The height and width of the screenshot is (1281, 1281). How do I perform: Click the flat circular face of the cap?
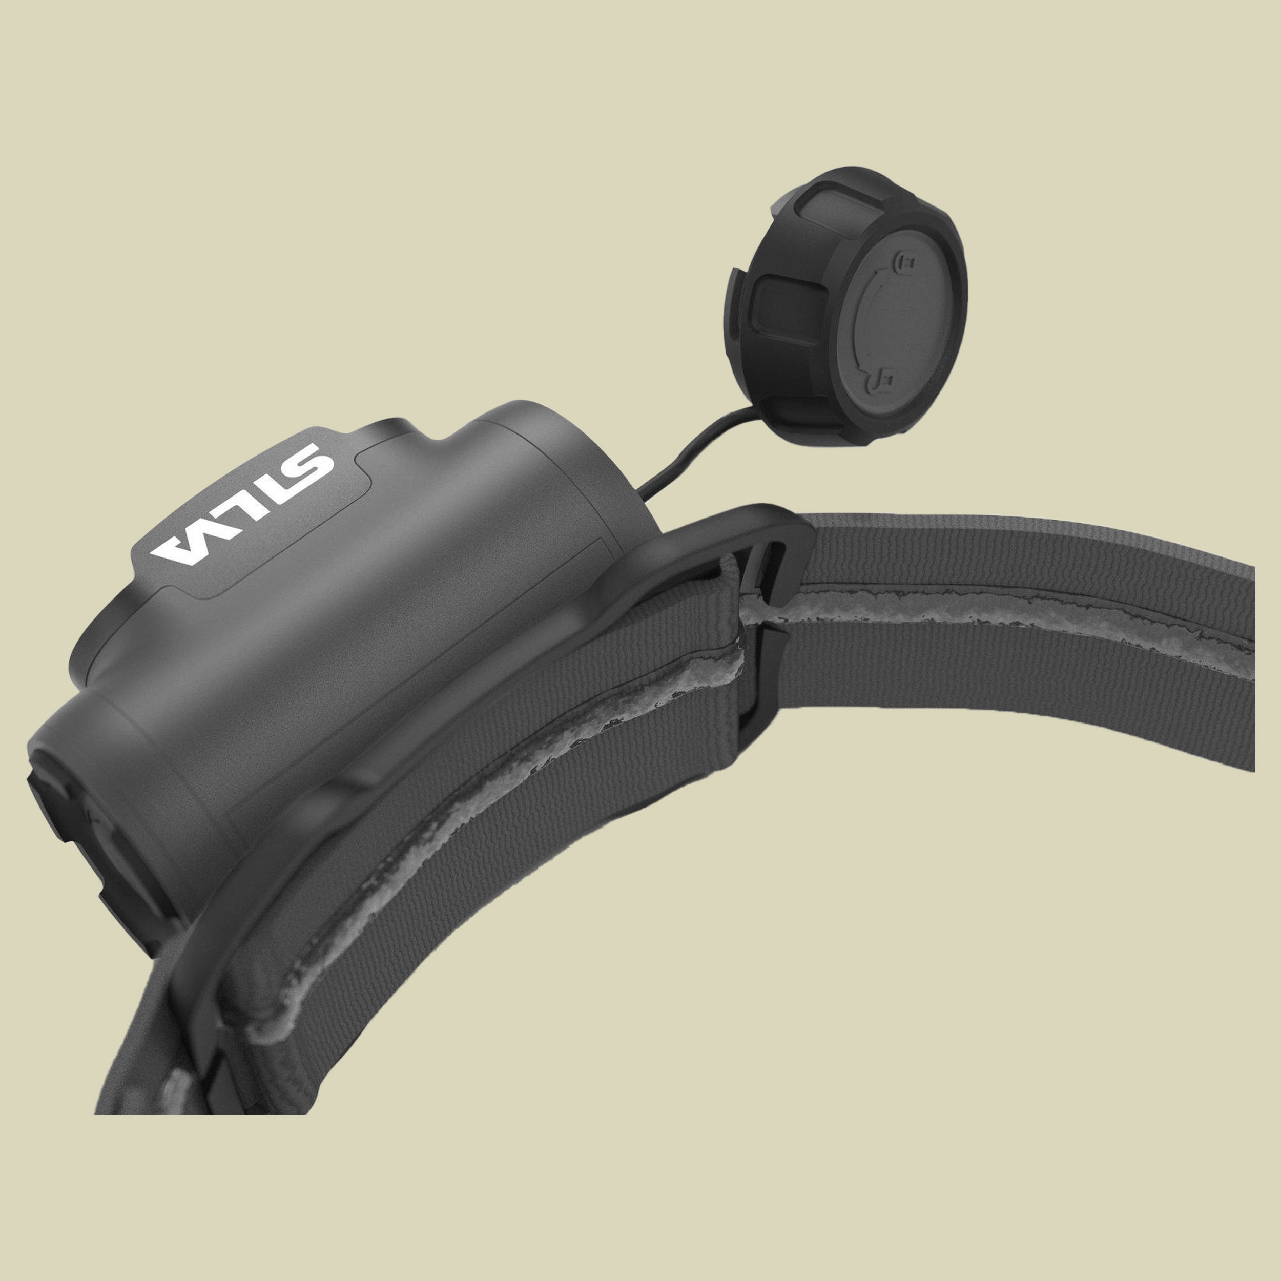[x=895, y=318]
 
